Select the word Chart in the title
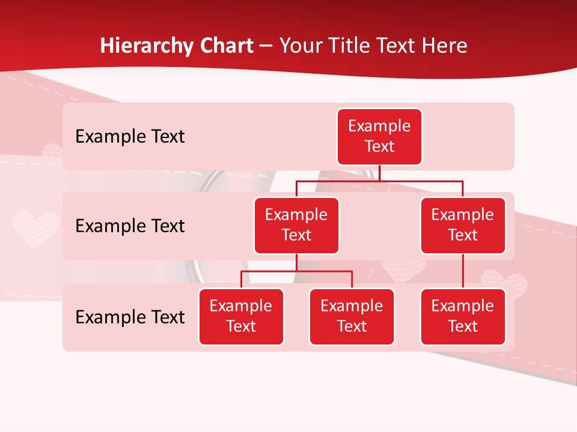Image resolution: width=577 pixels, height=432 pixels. (228, 46)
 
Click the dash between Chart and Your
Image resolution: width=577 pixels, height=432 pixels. (266, 47)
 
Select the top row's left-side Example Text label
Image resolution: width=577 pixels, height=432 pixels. (130, 137)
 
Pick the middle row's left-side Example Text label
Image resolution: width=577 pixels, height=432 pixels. (130, 226)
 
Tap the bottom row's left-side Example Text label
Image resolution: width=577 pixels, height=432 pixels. (130, 317)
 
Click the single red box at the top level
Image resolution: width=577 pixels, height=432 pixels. (379, 137)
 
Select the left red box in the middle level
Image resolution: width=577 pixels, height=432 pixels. (296, 226)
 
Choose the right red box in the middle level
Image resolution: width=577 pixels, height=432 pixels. (463, 226)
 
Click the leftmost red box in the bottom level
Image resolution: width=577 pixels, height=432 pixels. (241, 317)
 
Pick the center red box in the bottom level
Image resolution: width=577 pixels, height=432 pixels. (352, 317)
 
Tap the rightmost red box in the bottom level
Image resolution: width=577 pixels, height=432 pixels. (463, 317)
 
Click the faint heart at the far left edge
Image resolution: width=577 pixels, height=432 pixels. (35, 228)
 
